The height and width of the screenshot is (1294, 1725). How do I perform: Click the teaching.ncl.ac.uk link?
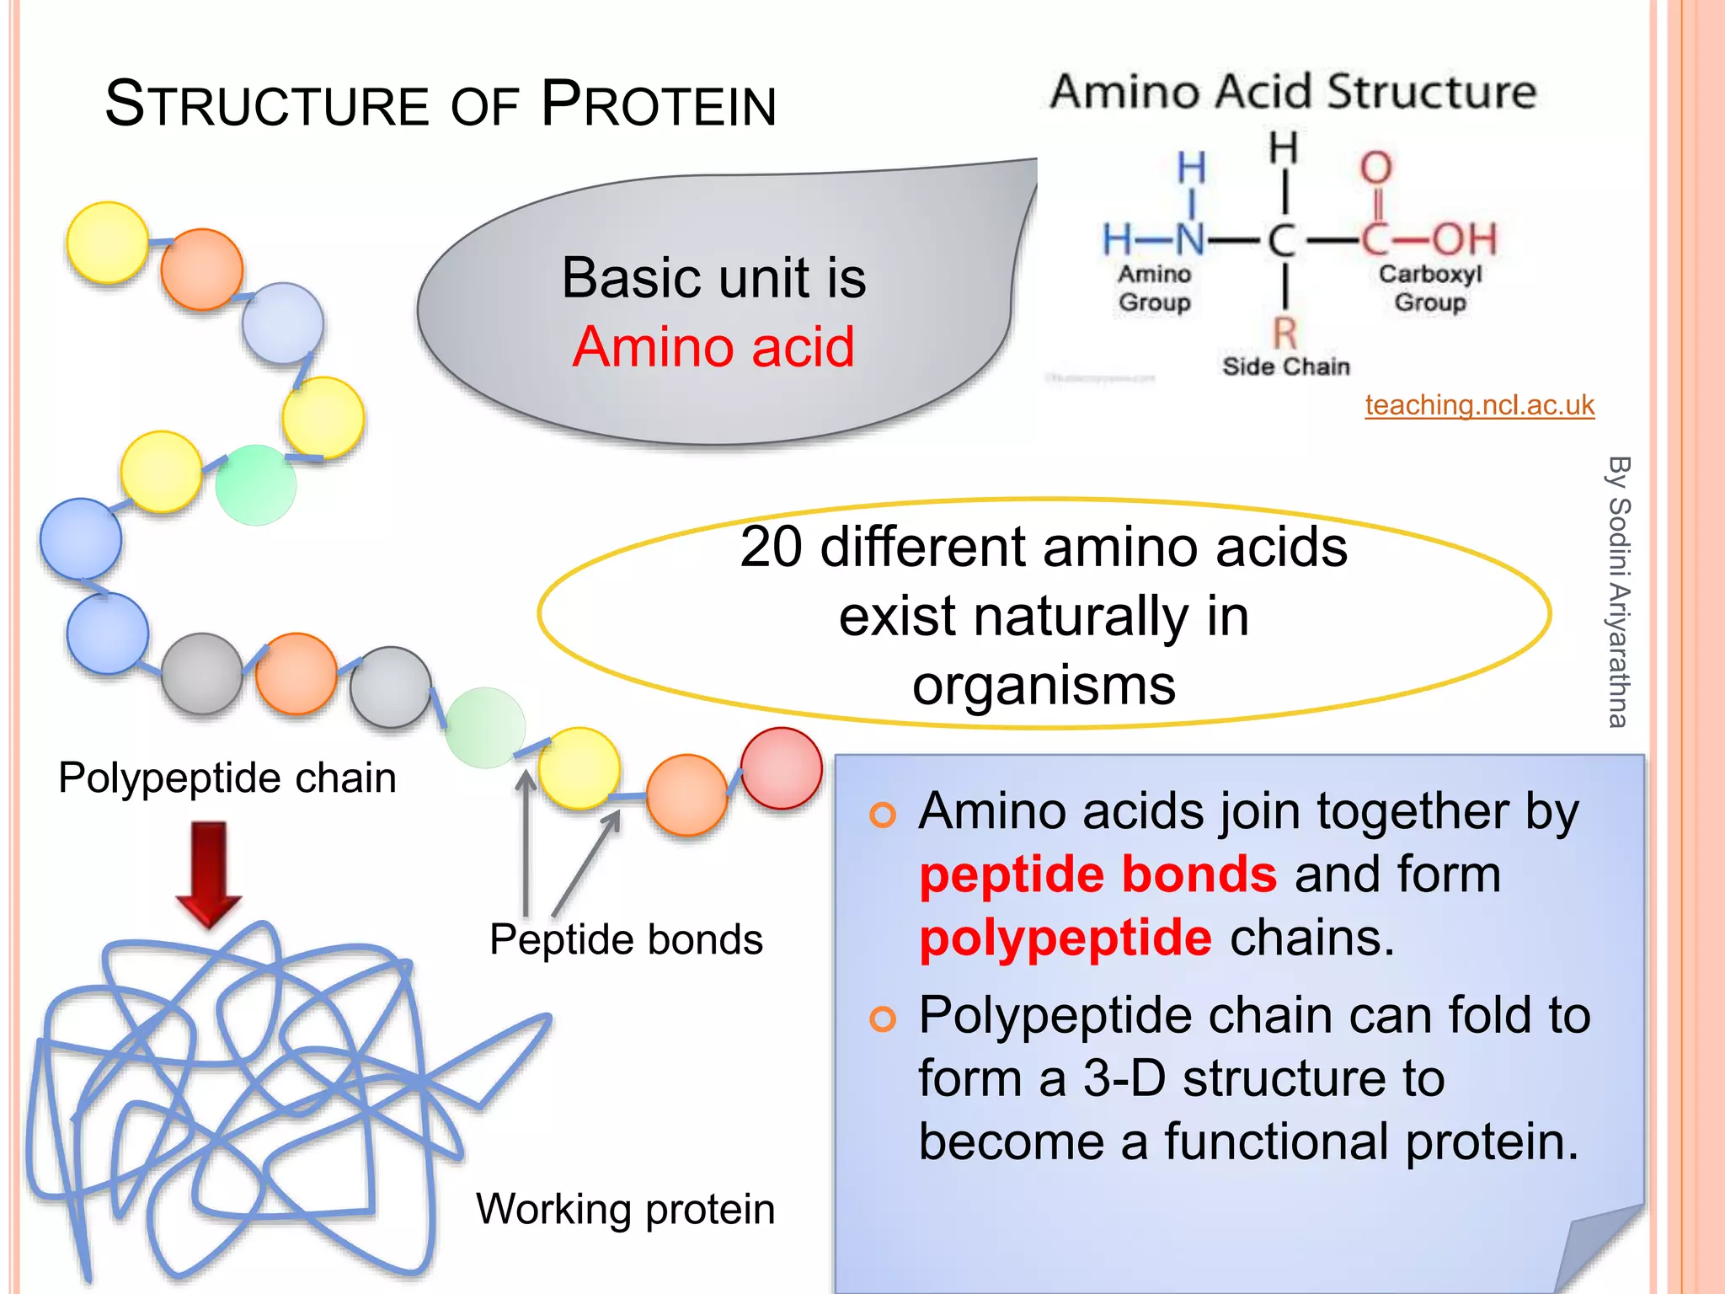pyautogui.click(x=1479, y=405)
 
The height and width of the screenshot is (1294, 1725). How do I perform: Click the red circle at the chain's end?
pyautogui.click(x=782, y=768)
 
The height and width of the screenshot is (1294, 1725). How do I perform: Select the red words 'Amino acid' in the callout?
pyautogui.click(x=713, y=347)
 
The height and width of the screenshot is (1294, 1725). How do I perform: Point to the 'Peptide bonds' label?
pyautogui.click(x=626, y=939)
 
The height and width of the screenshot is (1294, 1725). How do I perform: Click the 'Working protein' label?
pyautogui.click(x=625, y=1209)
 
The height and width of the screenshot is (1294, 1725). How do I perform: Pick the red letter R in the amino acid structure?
pyautogui.click(x=1284, y=334)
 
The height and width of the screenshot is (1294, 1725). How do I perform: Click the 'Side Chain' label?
pyautogui.click(x=1285, y=366)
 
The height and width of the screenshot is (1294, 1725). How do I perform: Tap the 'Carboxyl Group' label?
pyautogui.click(x=1429, y=288)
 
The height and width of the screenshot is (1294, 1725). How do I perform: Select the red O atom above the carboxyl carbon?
pyautogui.click(x=1375, y=168)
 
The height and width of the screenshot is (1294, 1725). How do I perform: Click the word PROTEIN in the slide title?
pyautogui.click(x=659, y=104)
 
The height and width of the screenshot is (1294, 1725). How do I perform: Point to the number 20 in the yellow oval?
pyautogui.click(x=771, y=548)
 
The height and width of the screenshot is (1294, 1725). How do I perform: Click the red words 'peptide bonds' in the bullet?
pyautogui.click(x=1097, y=874)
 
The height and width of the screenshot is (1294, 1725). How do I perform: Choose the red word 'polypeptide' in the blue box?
pyautogui.click(x=1065, y=938)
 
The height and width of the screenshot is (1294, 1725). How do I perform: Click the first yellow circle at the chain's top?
pyautogui.click(x=108, y=243)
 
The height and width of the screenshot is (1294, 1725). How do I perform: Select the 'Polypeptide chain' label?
pyautogui.click(x=227, y=778)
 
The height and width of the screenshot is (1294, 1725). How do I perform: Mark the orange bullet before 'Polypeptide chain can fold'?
pyautogui.click(x=882, y=1019)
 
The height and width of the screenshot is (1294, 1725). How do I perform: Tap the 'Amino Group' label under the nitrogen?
pyautogui.click(x=1154, y=288)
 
